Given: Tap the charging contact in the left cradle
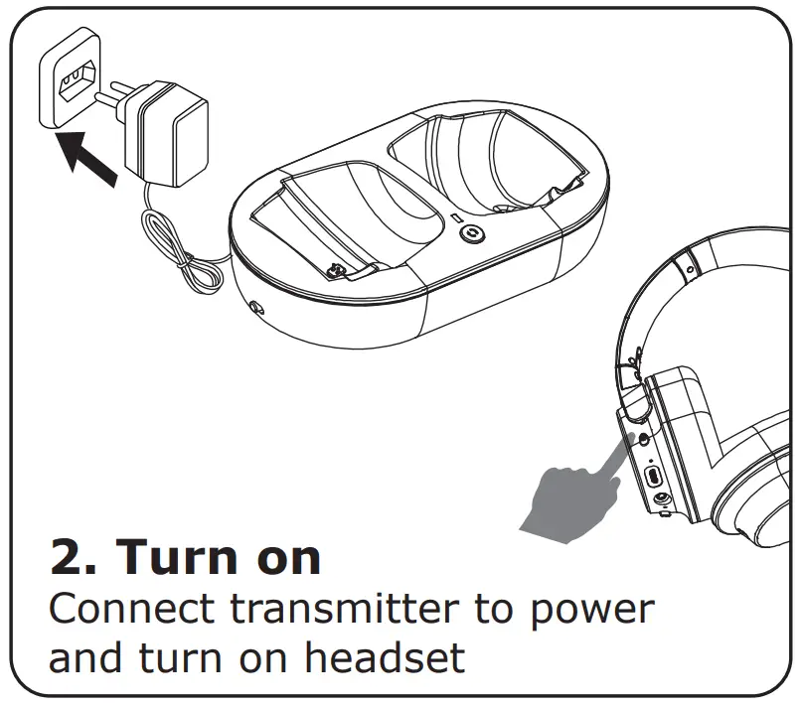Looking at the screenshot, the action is [x=337, y=269].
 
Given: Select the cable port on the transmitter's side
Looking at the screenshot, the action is [x=257, y=309].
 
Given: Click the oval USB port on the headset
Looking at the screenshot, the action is [x=653, y=476].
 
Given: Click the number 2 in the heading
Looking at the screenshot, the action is [x=71, y=559].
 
